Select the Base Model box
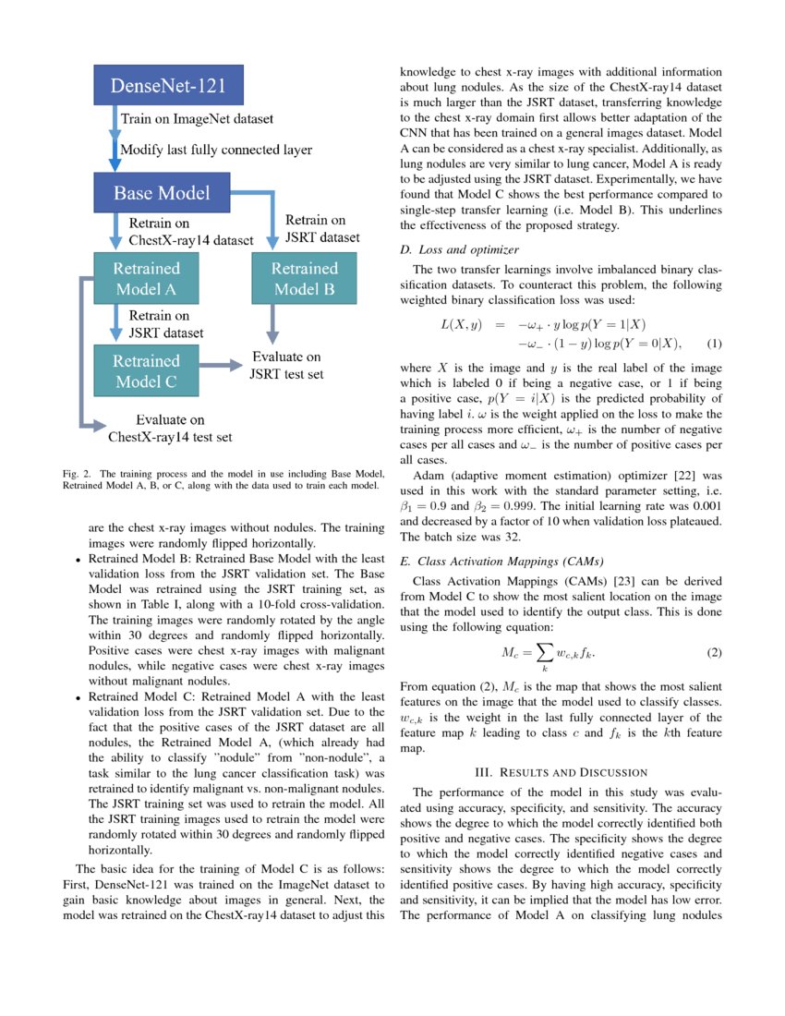(162, 193)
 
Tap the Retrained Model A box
(146, 279)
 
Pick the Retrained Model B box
(304, 279)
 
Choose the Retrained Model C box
(146, 370)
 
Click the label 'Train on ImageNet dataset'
(197, 119)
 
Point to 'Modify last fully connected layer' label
(216, 150)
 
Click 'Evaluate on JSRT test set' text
(287, 365)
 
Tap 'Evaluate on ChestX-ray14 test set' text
(170, 428)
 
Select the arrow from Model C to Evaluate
(217, 366)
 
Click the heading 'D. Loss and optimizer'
(459, 249)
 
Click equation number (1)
(713, 344)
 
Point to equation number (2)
(713, 653)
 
